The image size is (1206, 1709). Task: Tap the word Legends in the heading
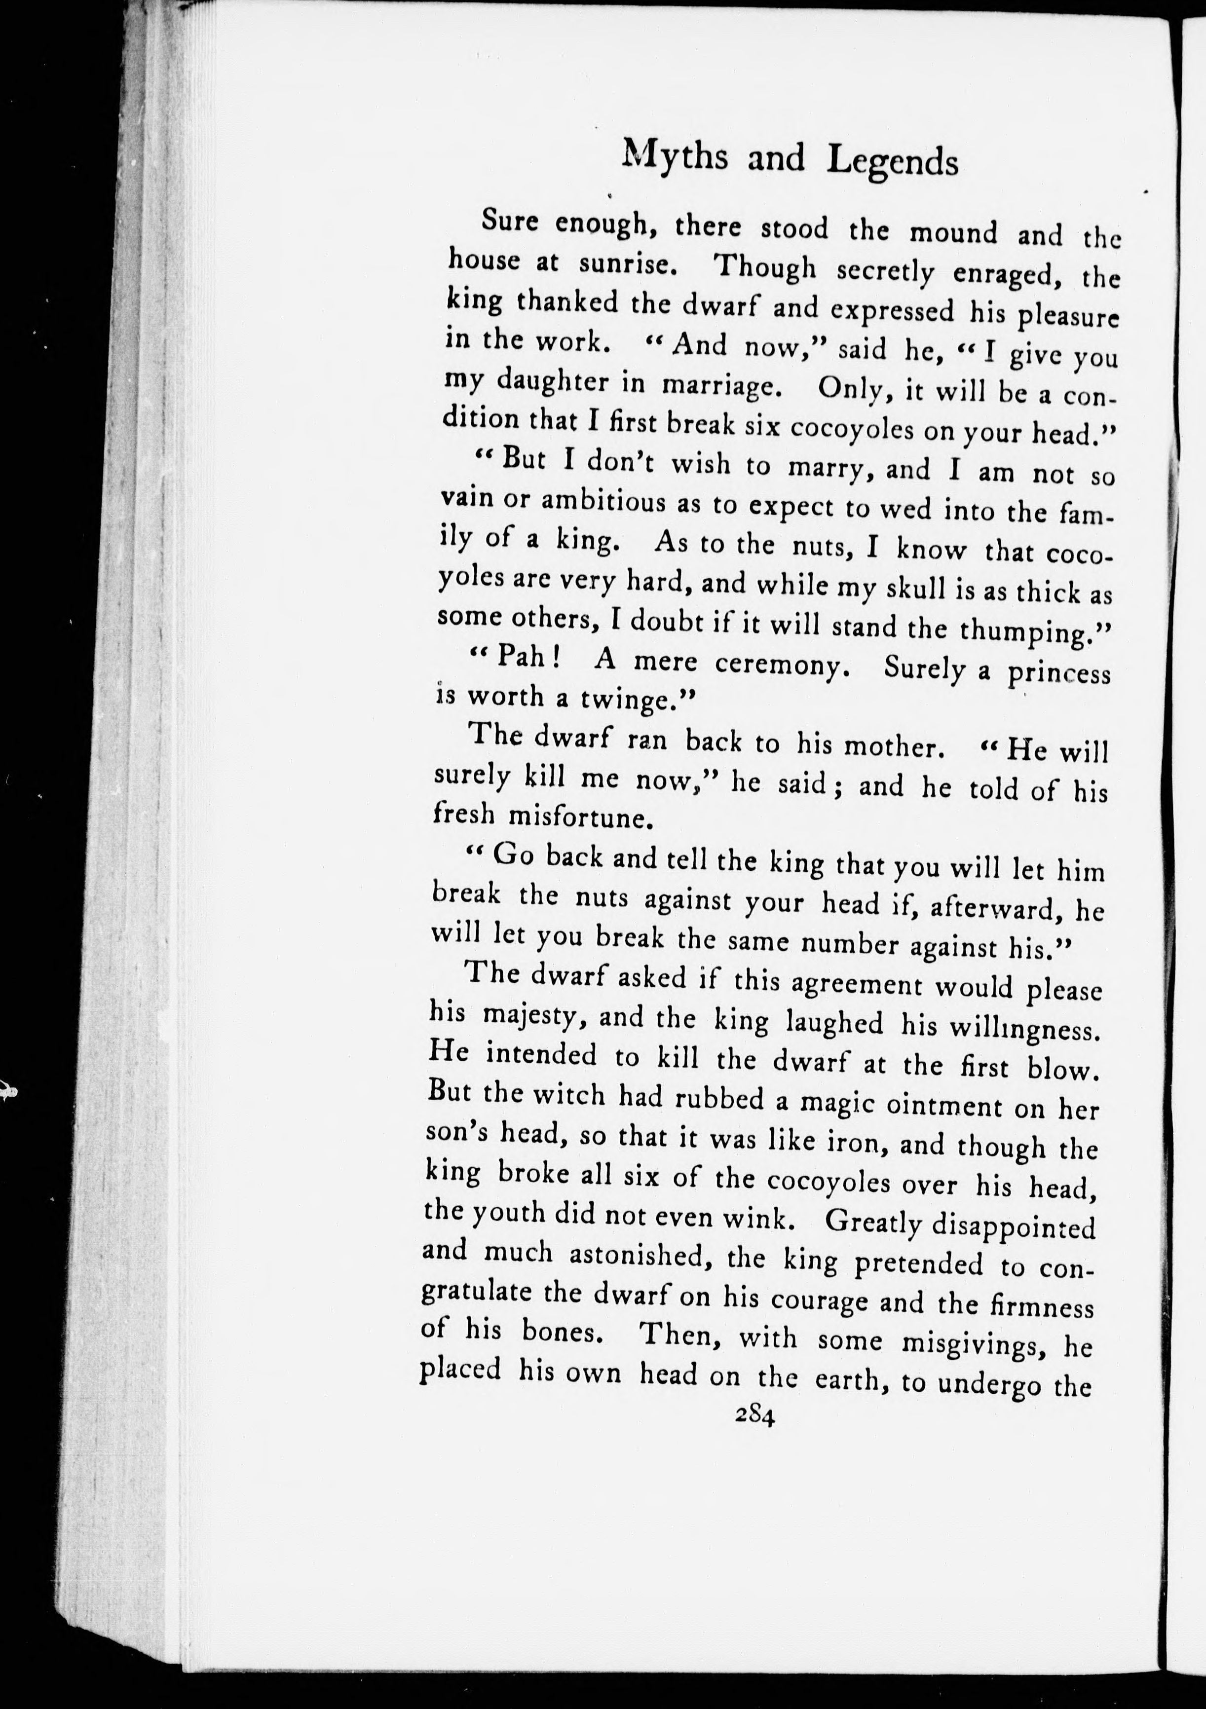(893, 163)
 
